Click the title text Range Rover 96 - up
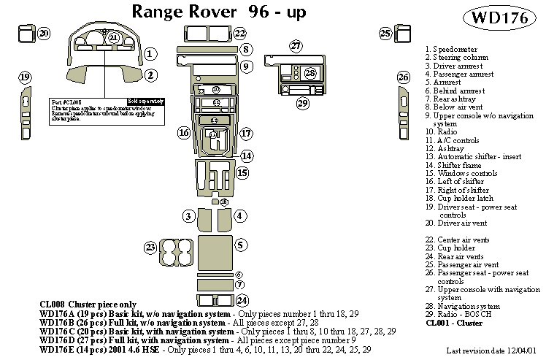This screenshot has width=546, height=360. pyautogui.click(x=218, y=12)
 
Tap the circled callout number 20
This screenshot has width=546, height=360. pyautogui.click(x=44, y=34)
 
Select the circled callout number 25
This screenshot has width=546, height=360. pyautogui.click(x=385, y=33)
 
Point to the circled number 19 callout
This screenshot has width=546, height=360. pyautogui.click(x=25, y=77)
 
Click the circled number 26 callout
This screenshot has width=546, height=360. pyautogui.click(x=403, y=77)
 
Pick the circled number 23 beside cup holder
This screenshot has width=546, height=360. pyautogui.click(x=150, y=248)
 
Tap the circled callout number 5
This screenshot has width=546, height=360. pyautogui.click(x=242, y=244)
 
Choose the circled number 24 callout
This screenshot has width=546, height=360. pyautogui.click(x=242, y=300)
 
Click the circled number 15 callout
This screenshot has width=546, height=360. pyautogui.click(x=242, y=173)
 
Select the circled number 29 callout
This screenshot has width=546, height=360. pyautogui.click(x=302, y=104)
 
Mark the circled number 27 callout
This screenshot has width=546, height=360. pyautogui.click(x=295, y=47)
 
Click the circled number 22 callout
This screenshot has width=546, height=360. pyautogui.click(x=239, y=34)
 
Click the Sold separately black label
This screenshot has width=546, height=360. pyautogui.click(x=145, y=101)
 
